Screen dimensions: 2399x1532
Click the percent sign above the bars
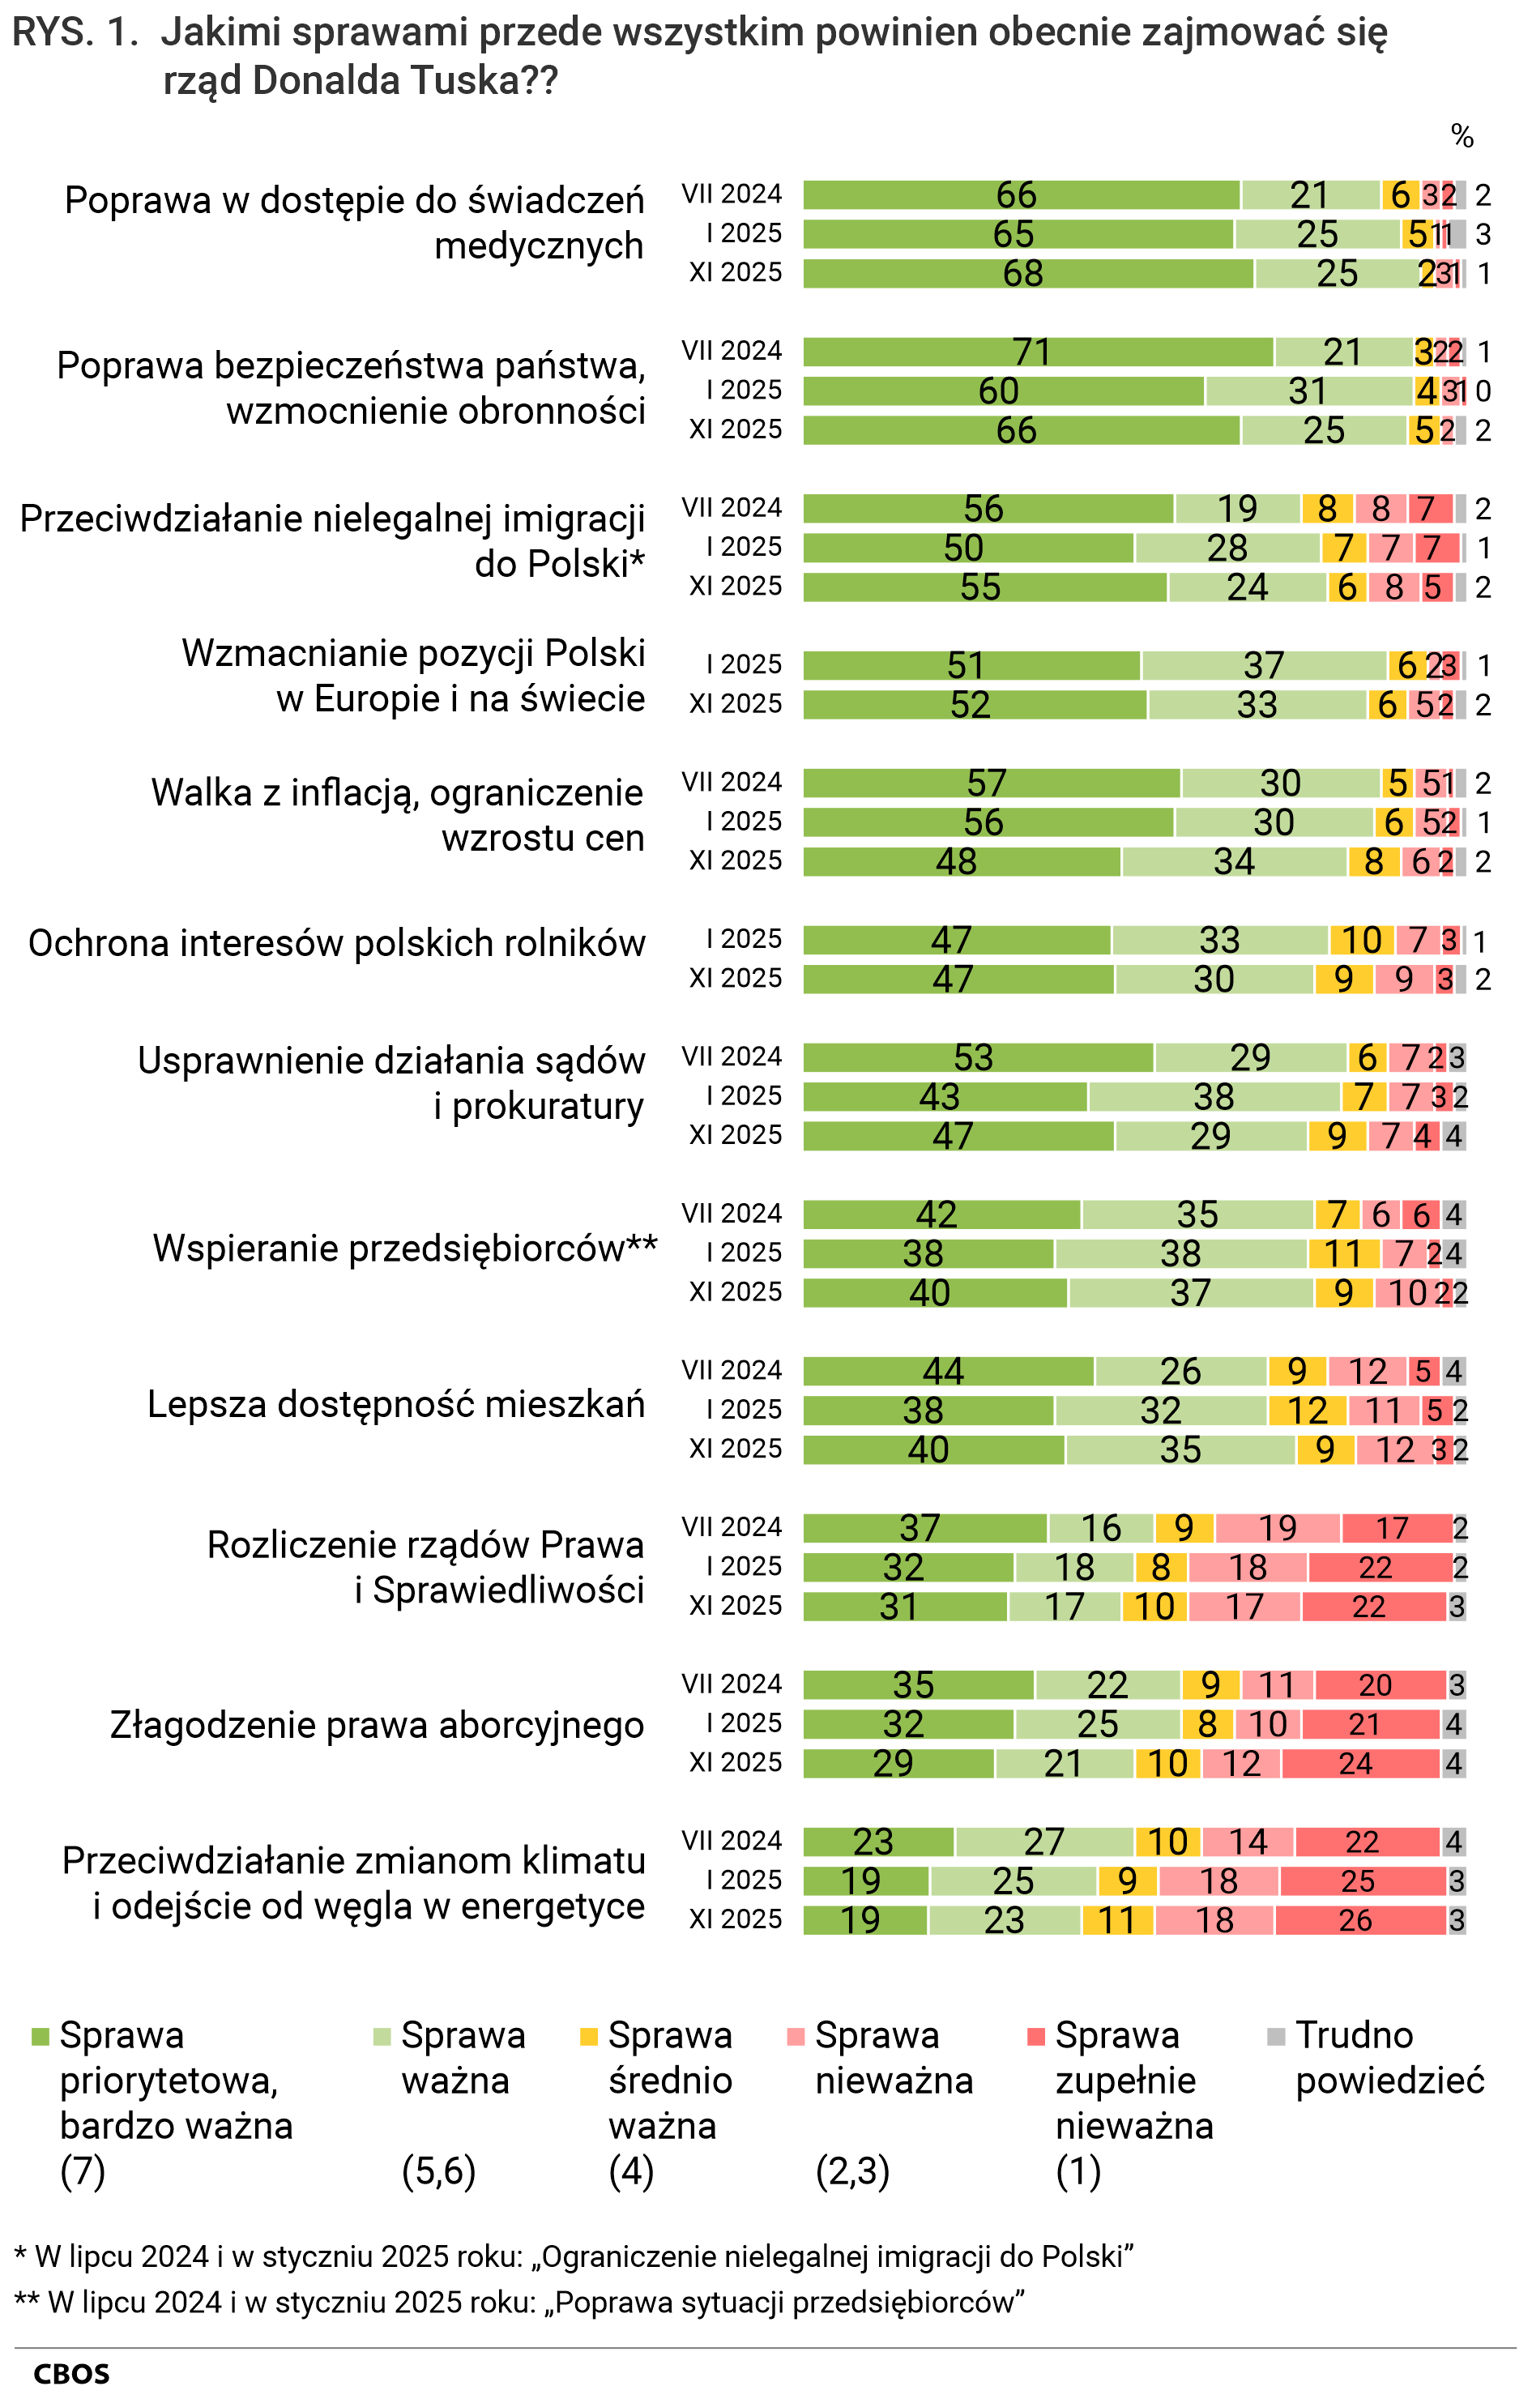(1462, 135)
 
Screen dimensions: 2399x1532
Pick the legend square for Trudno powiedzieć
(1276, 2036)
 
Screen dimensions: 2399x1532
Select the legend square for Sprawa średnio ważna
(589, 2036)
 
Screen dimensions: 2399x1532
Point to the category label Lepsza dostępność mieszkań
(395, 1404)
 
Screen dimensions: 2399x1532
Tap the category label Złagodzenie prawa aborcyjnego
(377, 1725)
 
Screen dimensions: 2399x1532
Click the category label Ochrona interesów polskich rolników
(337, 942)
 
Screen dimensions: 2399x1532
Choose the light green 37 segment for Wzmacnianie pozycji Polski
(1263, 665)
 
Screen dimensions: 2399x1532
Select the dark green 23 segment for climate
(877, 1841)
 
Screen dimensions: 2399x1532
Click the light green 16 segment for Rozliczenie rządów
(1101, 1528)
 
